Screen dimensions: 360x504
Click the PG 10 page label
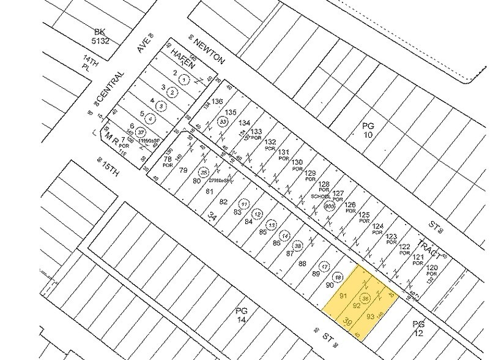(x=367, y=129)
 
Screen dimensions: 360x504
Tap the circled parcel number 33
(x=221, y=122)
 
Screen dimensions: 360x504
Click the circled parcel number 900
(x=328, y=206)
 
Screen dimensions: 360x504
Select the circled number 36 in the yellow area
(x=366, y=298)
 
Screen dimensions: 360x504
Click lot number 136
(x=217, y=102)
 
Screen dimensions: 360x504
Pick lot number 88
(x=302, y=264)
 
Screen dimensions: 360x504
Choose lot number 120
(x=432, y=268)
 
